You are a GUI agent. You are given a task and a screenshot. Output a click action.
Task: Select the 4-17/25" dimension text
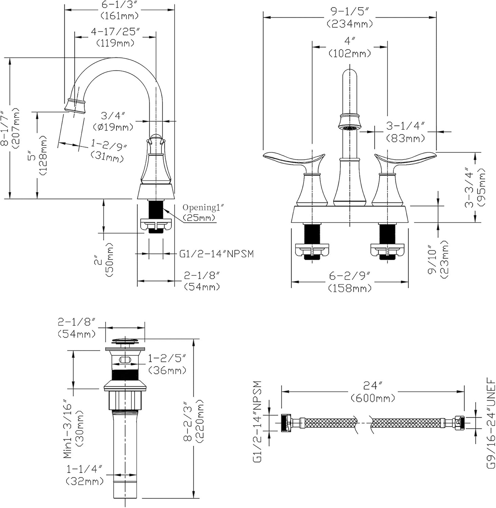point(115,32)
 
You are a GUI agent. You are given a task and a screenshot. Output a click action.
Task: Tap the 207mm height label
point(16,128)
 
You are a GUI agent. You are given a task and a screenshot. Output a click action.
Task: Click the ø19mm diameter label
point(113,127)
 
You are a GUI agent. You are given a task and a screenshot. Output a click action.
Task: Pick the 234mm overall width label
point(350,24)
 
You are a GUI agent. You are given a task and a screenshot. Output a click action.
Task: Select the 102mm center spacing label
point(349,53)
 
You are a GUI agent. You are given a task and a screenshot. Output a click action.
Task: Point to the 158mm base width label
point(350,289)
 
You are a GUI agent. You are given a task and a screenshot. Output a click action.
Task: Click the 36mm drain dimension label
point(168,370)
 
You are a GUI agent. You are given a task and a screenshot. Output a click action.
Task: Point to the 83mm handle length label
point(406,138)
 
